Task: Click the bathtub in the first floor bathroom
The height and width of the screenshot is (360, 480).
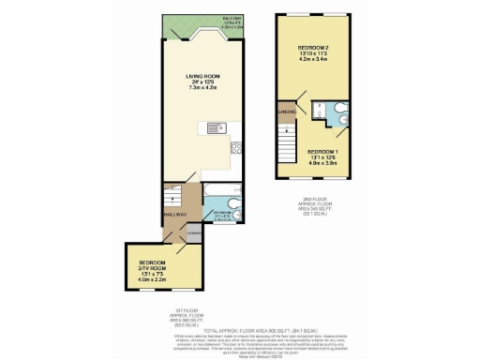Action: (x=218, y=200)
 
